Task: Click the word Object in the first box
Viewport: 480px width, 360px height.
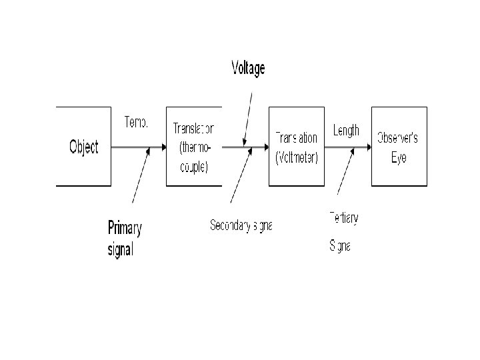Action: (x=83, y=147)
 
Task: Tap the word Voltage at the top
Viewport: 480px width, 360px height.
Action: (x=248, y=68)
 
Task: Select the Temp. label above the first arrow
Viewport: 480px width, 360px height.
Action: (x=136, y=123)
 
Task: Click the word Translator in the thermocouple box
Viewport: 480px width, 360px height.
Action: (x=193, y=129)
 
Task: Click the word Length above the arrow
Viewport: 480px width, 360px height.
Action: (x=345, y=130)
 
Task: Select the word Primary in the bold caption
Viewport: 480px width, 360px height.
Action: (x=125, y=229)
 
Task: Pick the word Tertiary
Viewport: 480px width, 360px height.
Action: (x=343, y=217)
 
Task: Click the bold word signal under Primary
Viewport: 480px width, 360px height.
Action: (x=121, y=250)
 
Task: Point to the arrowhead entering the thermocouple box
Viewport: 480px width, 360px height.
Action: (x=162, y=147)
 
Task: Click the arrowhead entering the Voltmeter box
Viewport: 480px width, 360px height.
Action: (x=265, y=147)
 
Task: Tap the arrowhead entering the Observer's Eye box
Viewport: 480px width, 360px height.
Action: (x=367, y=147)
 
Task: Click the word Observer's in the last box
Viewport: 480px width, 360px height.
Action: (x=398, y=138)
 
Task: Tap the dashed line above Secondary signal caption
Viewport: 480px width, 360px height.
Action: (x=240, y=177)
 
